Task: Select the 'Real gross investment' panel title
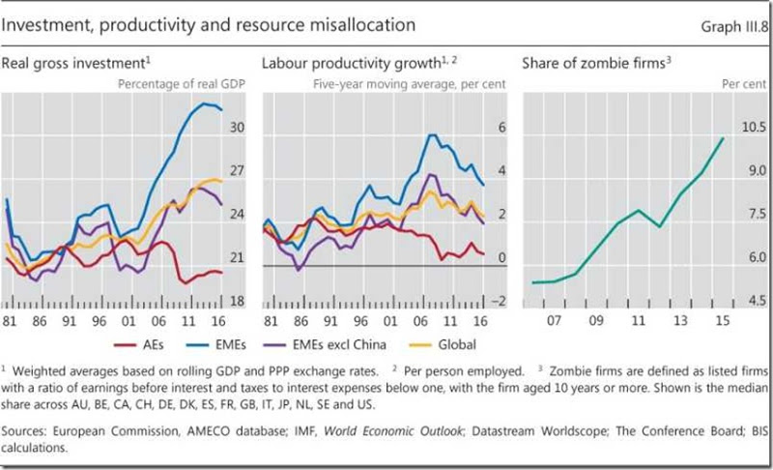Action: click(74, 63)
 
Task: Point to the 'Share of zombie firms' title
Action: click(592, 63)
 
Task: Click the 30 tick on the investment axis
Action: click(236, 128)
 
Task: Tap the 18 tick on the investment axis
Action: click(236, 302)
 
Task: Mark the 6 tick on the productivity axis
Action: click(501, 128)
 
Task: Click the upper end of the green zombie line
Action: click(723, 138)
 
